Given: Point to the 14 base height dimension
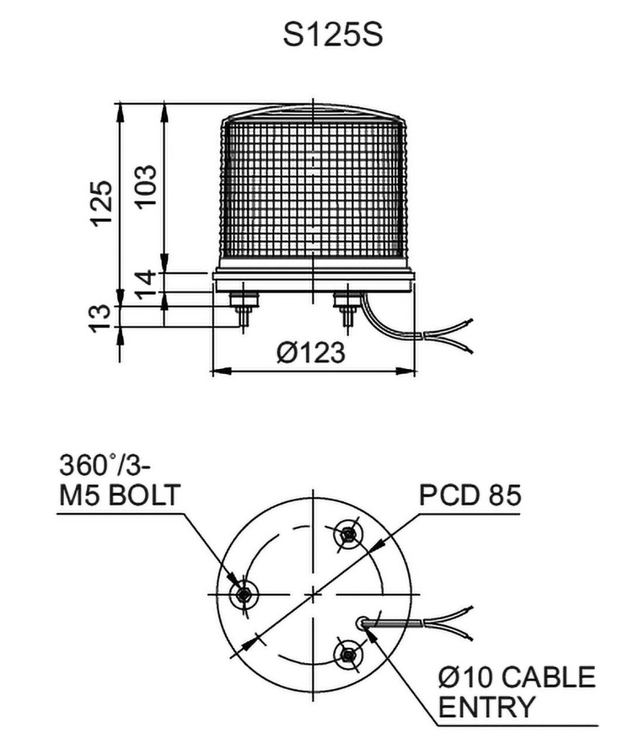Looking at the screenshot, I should (145, 282).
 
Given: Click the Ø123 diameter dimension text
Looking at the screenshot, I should (311, 353).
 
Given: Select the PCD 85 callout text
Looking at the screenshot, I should (470, 497).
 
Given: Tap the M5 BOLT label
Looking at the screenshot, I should (119, 497).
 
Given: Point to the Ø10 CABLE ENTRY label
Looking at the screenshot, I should (517, 693).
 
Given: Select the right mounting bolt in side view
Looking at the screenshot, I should (347, 310).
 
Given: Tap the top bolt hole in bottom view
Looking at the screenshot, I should (348, 534).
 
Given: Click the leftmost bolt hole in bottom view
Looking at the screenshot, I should (243, 595).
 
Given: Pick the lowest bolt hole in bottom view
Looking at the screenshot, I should (348, 654).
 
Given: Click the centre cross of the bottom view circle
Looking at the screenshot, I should (313, 594).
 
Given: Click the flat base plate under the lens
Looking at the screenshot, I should (313, 281).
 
